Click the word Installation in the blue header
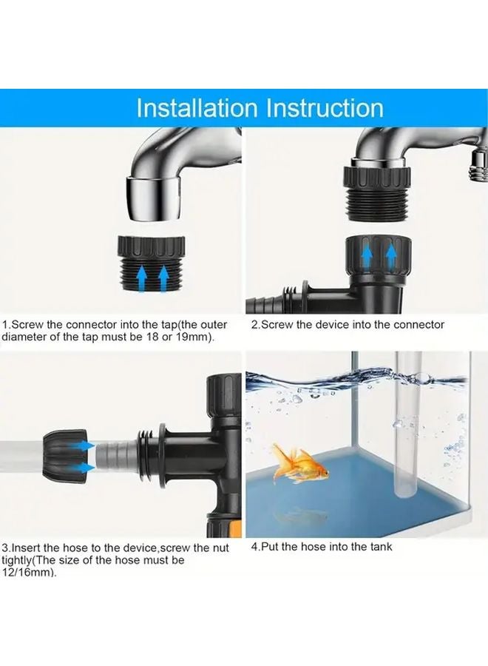pyautogui.click(x=196, y=108)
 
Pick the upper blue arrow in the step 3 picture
pyautogui.click(x=86, y=445)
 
